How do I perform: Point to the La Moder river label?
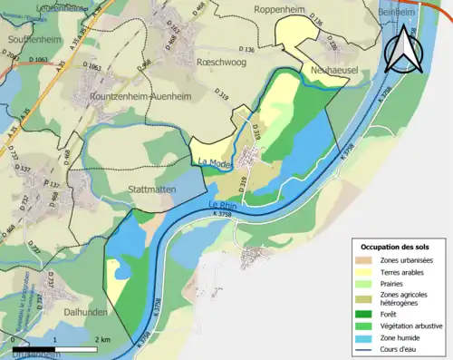tap(215, 162)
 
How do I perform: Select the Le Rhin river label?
tap(224, 204)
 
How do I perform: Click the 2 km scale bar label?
tap(101, 339)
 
